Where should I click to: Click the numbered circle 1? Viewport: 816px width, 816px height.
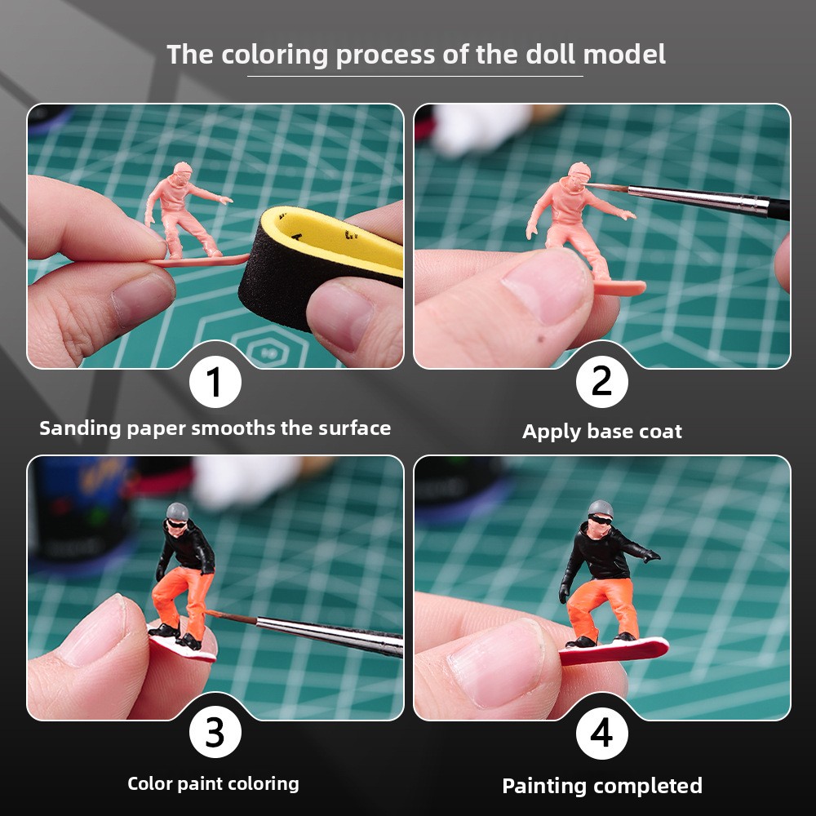point(215,381)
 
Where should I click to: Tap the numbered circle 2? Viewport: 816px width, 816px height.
point(601,381)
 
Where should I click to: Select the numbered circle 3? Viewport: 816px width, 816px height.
point(215,733)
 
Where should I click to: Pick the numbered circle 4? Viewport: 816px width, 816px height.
point(601,733)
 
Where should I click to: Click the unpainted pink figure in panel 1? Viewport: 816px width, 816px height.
point(188,213)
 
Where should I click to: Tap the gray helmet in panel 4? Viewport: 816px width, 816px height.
point(601,508)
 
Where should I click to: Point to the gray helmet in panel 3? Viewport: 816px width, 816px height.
point(177,511)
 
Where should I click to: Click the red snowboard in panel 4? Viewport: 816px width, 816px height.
point(614,651)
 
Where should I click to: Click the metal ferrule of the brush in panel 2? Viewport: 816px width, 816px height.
point(698,199)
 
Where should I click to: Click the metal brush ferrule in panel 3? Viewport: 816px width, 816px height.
point(329,635)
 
